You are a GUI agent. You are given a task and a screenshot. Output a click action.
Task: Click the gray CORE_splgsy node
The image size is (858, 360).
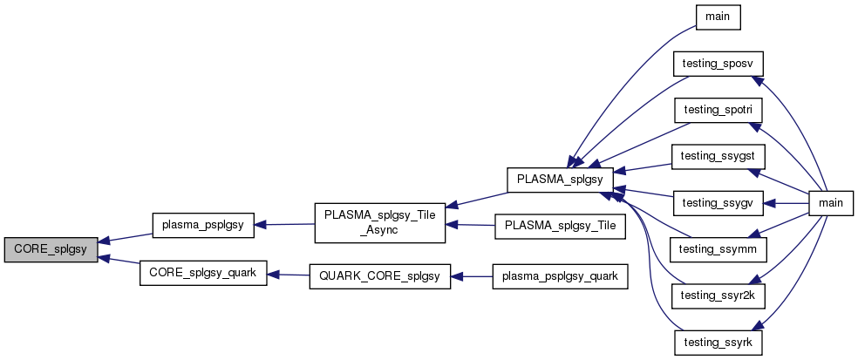50,249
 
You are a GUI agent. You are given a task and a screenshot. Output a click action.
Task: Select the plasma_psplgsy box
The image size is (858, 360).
203,225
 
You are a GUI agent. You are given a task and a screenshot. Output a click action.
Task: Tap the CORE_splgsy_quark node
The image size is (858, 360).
203,273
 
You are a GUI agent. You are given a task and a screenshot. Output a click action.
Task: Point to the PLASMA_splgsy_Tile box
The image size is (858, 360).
558,225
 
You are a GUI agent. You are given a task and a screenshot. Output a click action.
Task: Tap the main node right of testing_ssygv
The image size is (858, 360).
830,202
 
